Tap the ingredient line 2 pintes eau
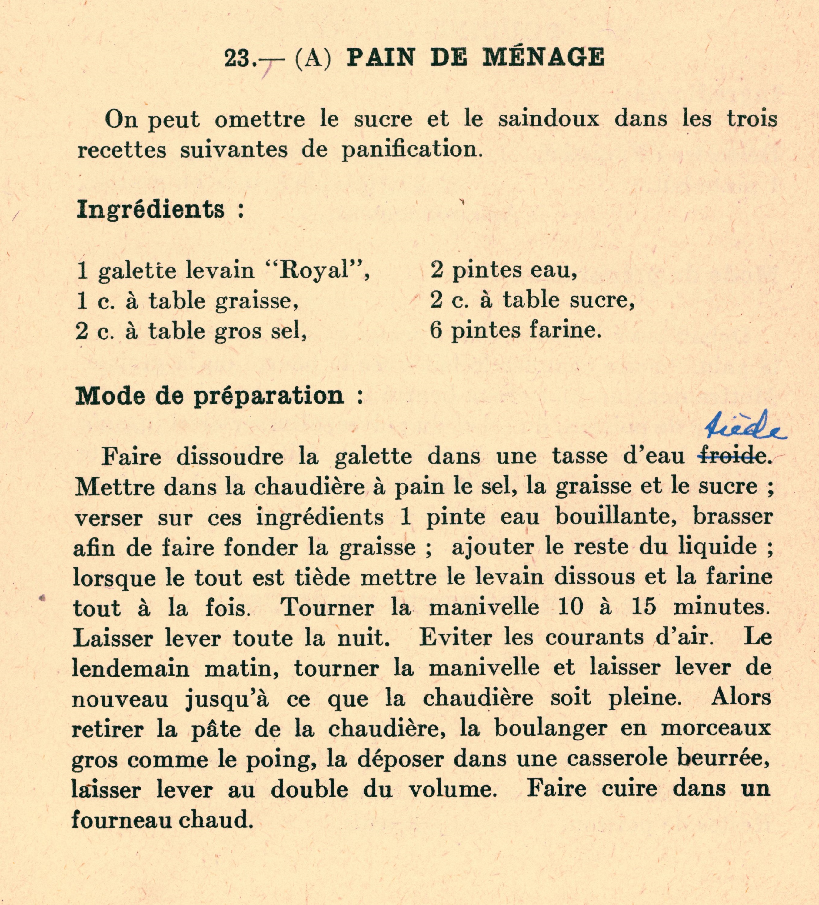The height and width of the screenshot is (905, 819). pyautogui.click(x=503, y=270)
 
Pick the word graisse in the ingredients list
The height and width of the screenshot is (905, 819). pyautogui.click(x=256, y=301)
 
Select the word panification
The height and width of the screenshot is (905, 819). pyautogui.click(x=412, y=149)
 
